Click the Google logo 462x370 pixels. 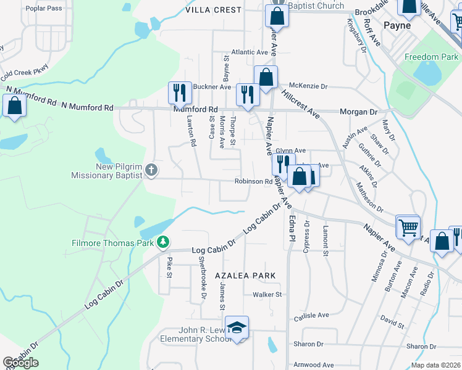click(x=20, y=363)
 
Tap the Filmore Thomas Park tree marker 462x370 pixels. click(x=163, y=242)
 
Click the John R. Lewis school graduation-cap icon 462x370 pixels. click(x=236, y=327)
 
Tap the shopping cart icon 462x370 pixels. click(x=408, y=227)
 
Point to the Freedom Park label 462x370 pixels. click(x=431, y=57)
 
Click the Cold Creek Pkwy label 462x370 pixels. click(x=24, y=75)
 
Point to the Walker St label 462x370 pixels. click(x=267, y=295)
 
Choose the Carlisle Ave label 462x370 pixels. click(x=311, y=315)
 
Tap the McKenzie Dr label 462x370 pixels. click(x=308, y=87)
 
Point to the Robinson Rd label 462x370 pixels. click(x=253, y=181)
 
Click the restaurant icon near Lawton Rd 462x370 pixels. click(x=180, y=93)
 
